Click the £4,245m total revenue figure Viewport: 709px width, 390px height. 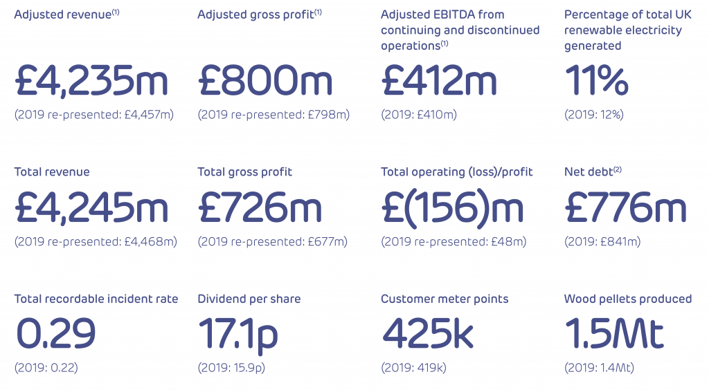coord(91,207)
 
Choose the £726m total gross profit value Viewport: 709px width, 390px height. coord(260,207)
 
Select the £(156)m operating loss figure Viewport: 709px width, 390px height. coord(452,207)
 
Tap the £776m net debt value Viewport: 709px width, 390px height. coord(625,207)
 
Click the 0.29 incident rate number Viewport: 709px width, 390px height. coord(55,334)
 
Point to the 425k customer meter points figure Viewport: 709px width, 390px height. coord(427,334)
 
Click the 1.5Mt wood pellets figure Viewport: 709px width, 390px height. coord(614,334)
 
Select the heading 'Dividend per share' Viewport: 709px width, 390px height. coord(249,299)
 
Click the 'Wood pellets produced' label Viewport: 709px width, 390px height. coord(628,299)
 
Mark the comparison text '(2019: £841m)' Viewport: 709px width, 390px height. coord(602,242)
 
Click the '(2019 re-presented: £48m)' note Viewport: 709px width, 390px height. coord(454,242)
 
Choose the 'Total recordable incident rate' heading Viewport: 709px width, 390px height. coord(96,299)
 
